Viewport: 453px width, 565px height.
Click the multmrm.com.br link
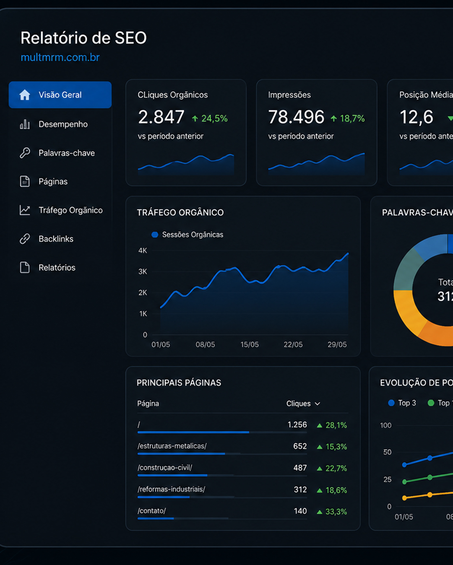pos(60,57)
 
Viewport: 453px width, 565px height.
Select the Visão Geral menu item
pos(60,95)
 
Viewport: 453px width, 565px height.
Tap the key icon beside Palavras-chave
pos(25,153)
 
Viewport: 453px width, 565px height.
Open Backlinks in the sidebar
pos(56,239)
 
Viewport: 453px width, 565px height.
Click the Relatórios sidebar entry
pos(57,268)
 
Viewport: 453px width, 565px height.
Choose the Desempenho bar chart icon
pos(25,124)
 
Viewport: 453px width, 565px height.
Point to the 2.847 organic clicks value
pos(161,117)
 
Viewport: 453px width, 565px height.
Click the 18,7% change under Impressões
pos(348,119)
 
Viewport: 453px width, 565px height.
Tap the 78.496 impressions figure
pos(296,117)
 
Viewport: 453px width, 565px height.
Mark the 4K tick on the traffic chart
pos(143,250)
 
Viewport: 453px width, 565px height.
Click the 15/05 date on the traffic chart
pos(250,344)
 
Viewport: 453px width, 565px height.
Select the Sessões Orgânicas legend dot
pos(155,234)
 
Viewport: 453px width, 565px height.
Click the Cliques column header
pos(303,404)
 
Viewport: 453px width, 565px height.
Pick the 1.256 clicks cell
pos(297,425)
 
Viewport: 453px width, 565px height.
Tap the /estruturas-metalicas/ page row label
pos(172,446)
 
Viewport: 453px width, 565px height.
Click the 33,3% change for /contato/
pos(332,511)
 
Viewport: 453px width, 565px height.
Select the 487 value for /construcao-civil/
pos(300,468)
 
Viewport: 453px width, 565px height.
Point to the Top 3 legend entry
pos(402,403)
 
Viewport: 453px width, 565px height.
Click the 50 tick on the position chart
pos(387,452)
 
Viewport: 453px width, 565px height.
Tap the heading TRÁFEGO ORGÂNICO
pos(180,212)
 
